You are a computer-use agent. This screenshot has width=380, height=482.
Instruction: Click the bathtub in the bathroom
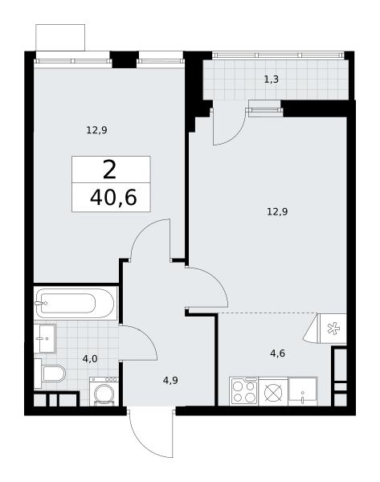click(76, 304)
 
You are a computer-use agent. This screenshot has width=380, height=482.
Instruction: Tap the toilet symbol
click(50, 374)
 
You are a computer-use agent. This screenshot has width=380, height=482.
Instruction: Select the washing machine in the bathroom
click(104, 391)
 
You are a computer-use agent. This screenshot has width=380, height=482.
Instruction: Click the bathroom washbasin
click(44, 338)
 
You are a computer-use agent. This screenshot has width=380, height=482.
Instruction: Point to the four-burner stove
click(243, 391)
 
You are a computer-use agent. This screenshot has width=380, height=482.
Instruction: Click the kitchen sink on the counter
click(303, 391)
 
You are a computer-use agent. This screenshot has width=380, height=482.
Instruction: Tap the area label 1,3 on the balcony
click(272, 80)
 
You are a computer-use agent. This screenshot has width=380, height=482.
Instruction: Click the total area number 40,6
click(113, 198)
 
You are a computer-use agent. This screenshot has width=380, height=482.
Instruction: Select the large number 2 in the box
click(110, 170)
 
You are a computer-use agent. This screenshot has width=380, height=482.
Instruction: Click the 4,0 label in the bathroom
click(90, 359)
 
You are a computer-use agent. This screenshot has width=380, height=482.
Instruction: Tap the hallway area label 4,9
click(170, 381)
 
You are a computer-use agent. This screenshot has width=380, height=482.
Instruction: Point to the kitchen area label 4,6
click(278, 353)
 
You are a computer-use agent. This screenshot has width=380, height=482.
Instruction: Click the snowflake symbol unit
click(333, 329)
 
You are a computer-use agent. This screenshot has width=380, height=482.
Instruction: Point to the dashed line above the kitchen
click(268, 312)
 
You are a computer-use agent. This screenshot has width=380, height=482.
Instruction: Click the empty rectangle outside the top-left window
click(60, 38)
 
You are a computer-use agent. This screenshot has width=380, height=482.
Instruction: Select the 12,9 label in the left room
click(96, 130)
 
